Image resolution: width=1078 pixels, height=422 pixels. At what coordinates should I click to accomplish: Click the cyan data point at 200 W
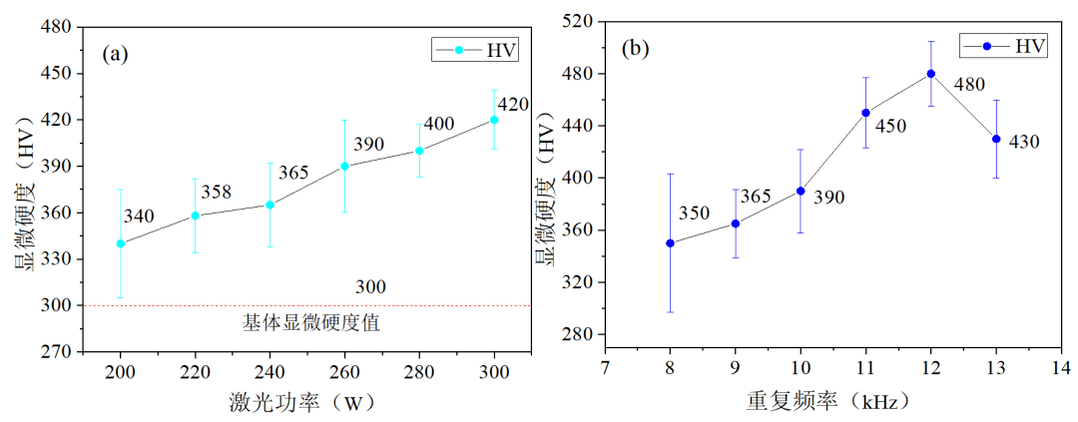coord(121,243)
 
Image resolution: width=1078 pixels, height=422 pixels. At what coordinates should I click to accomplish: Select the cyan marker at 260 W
coord(344,167)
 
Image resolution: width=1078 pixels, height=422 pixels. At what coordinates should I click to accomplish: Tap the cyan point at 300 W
coord(494,120)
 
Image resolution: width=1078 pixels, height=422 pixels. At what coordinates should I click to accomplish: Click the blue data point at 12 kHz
coord(930,74)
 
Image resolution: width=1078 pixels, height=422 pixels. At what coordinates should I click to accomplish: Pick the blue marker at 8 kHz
coord(670,243)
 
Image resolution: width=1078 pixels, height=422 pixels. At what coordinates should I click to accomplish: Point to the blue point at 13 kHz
coord(996,139)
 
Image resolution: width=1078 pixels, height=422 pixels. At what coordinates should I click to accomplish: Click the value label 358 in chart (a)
coord(217,192)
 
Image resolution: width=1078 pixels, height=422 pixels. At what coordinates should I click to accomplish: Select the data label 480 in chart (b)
coord(970,86)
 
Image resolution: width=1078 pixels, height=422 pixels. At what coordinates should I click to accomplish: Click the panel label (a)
coord(116,54)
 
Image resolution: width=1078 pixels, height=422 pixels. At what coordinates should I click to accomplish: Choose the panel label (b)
coord(636,47)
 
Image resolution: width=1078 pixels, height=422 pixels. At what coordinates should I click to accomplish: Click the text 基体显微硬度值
coord(311,323)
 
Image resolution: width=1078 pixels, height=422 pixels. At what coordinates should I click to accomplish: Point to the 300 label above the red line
coord(370,287)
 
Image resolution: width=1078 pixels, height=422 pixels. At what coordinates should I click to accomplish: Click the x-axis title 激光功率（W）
coord(306,402)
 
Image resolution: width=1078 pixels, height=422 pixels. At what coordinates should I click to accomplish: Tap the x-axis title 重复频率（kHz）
coord(827,402)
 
